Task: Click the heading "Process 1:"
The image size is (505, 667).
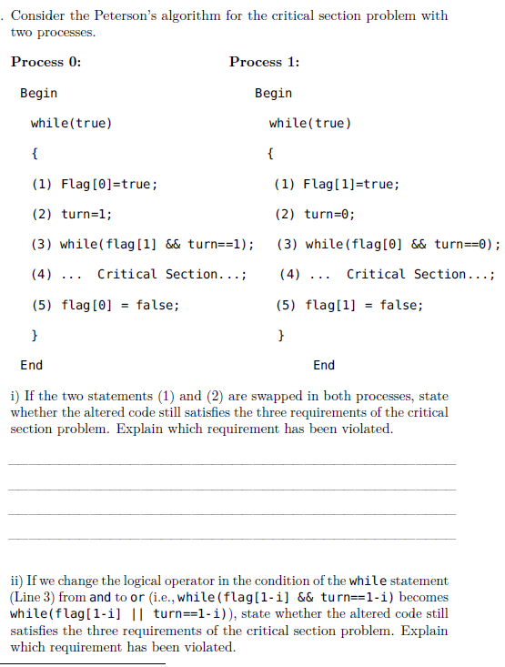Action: pos(265,62)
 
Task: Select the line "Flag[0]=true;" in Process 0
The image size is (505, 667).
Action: pos(108,184)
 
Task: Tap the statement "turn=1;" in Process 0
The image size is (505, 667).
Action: pos(86,214)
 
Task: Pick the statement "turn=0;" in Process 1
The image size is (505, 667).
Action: pos(329,214)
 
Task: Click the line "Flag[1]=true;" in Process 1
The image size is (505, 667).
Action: pos(351,184)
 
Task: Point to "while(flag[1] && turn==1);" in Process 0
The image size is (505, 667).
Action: pos(156,244)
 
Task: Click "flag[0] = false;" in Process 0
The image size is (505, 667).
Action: pos(120,305)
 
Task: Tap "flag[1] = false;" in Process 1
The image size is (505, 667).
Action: pos(364,305)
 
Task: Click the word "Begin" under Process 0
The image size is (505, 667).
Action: pos(38,93)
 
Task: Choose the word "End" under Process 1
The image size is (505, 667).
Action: pos(323,365)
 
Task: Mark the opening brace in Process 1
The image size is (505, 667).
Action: pos(271,153)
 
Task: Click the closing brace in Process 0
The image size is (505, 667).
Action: pos(35,335)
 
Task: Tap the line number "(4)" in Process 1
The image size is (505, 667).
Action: pos(290,274)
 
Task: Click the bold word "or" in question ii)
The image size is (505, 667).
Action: pos(137,597)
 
